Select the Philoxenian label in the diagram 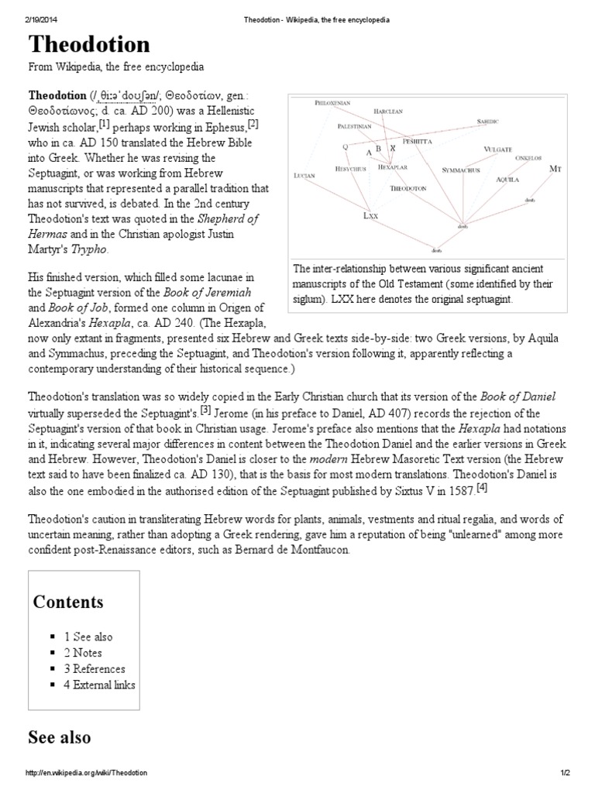tap(333, 102)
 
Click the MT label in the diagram tap(555, 168)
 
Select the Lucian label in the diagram tap(305, 176)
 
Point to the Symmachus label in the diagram tap(460, 169)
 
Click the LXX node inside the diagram tap(370, 216)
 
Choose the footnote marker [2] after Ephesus tap(253, 124)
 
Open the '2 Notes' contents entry tap(83, 653)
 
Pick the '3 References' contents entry tap(95, 668)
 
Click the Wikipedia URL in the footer tap(87, 774)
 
